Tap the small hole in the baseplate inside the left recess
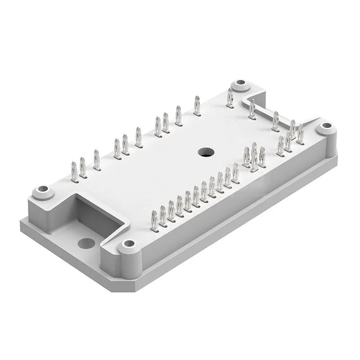[x=86, y=243]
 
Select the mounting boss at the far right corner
[x=326, y=127]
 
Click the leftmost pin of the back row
[x=75, y=172]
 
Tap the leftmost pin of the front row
[x=154, y=221]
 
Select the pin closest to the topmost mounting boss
[x=230, y=98]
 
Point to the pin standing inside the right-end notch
[x=252, y=109]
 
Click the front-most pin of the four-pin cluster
[x=254, y=161]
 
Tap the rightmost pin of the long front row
[x=235, y=173]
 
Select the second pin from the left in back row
[x=83, y=167]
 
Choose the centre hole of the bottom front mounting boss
[x=129, y=243]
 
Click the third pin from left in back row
[x=96, y=160]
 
